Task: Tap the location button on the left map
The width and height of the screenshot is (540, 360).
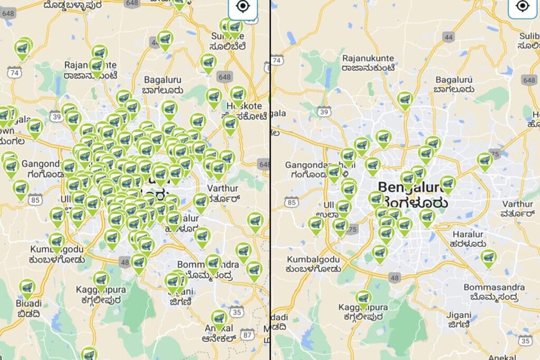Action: (242, 6)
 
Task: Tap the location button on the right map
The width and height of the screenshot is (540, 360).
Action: (522, 6)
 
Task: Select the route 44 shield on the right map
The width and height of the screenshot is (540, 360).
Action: (449, 37)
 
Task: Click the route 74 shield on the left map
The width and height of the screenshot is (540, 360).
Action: (14, 73)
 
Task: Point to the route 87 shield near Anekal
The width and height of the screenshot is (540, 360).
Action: (246, 334)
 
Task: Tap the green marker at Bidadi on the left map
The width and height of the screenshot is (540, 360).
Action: (27, 288)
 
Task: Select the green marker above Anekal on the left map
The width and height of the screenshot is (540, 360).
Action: (219, 319)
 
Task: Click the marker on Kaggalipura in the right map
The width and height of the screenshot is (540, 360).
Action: (362, 299)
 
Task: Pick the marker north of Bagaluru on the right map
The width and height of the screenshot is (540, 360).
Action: (405, 100)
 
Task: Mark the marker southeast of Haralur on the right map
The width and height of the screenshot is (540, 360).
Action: (489, 258)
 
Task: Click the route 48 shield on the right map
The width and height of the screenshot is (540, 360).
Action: (394, 277)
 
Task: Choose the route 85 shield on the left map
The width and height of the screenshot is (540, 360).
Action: (36, 199)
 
